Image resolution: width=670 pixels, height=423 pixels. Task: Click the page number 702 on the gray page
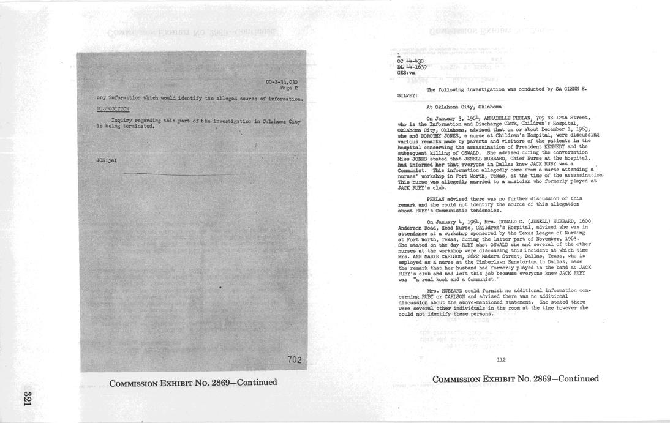point(295,360)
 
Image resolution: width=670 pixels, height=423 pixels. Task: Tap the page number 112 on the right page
point(500,359)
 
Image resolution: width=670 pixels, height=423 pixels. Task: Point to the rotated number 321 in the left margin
point(27,398)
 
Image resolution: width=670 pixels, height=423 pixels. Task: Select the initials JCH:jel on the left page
point(107,160)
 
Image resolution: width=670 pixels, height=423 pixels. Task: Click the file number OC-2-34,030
point(281,82)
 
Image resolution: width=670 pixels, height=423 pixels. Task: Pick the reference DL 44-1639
point(412,67)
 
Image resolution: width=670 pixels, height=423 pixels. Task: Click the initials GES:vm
point(406,73)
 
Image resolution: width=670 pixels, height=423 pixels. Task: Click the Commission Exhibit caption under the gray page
point(193,383)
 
